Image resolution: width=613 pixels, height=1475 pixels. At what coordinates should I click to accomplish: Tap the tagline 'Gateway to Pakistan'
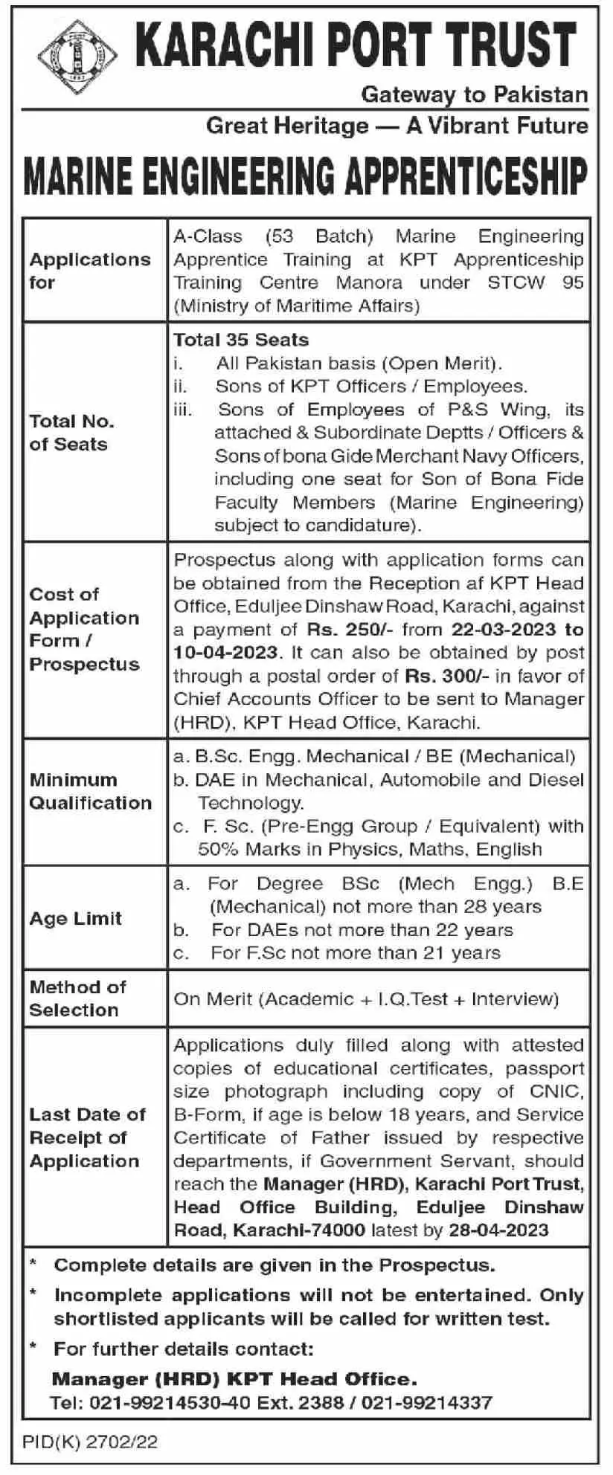pyautogui.click(x=474, y=94)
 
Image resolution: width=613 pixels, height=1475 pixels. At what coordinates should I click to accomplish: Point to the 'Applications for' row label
pyautogui.click(x=89, y=271)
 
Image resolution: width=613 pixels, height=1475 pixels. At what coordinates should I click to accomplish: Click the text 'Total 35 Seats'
pyautogui.click(x=241, y=340)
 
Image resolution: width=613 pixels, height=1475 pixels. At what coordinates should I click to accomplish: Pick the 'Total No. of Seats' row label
pyautogui.click(x=71, y=432)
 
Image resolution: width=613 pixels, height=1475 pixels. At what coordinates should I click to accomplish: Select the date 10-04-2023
pyautogui.click(x=225, y=653)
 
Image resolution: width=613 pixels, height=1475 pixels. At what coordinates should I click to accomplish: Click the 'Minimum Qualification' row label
pyautogui.click(x=90, y=791)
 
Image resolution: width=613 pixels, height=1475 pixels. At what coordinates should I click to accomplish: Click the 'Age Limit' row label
pyautogui.click(x=75, y=918)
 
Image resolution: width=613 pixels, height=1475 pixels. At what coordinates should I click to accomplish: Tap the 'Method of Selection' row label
pyautogui.click(x=77, y=998)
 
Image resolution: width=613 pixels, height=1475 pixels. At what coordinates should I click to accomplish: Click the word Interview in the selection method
pyautogui.click(x=514, y=998)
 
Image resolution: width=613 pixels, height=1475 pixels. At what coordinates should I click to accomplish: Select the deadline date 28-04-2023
pyautogui.click(x=498, y=1230)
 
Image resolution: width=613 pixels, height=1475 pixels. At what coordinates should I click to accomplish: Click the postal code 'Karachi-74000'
pyautogui.click(x=298, y=1230)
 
